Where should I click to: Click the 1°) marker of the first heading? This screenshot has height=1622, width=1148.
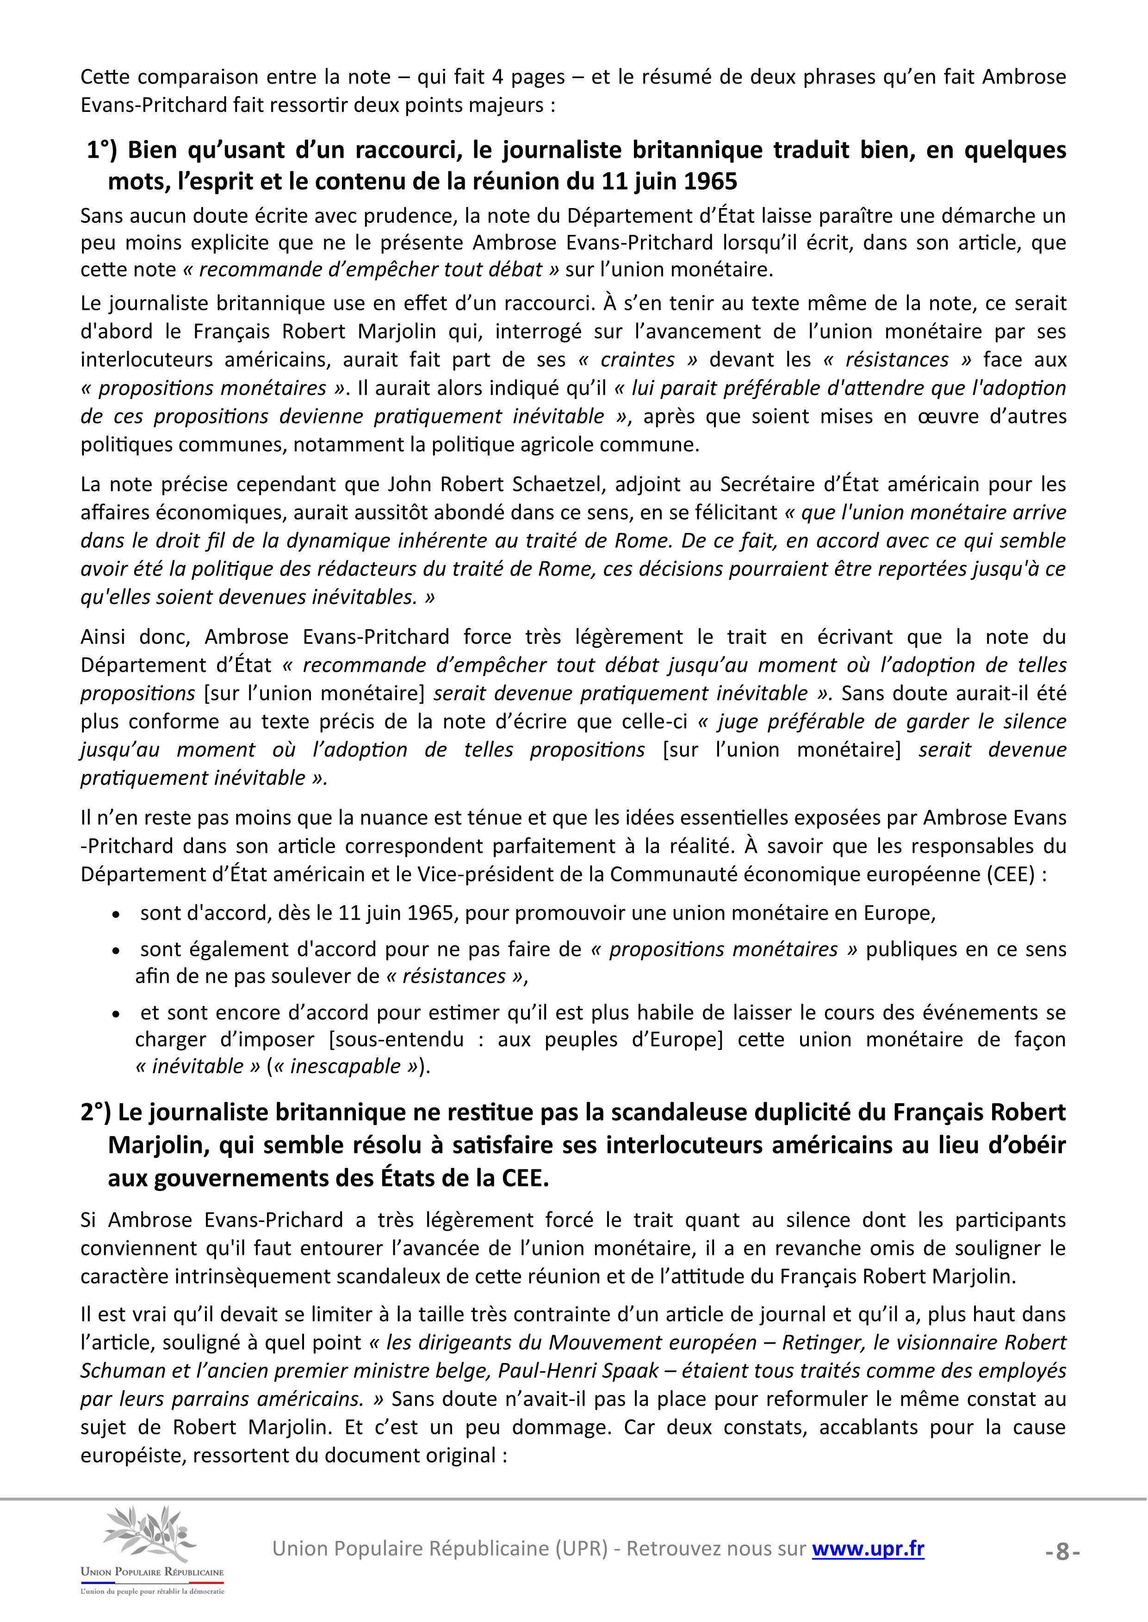[x=103, y=150]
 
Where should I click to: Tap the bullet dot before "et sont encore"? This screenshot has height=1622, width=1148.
[x=117, y=1014]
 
